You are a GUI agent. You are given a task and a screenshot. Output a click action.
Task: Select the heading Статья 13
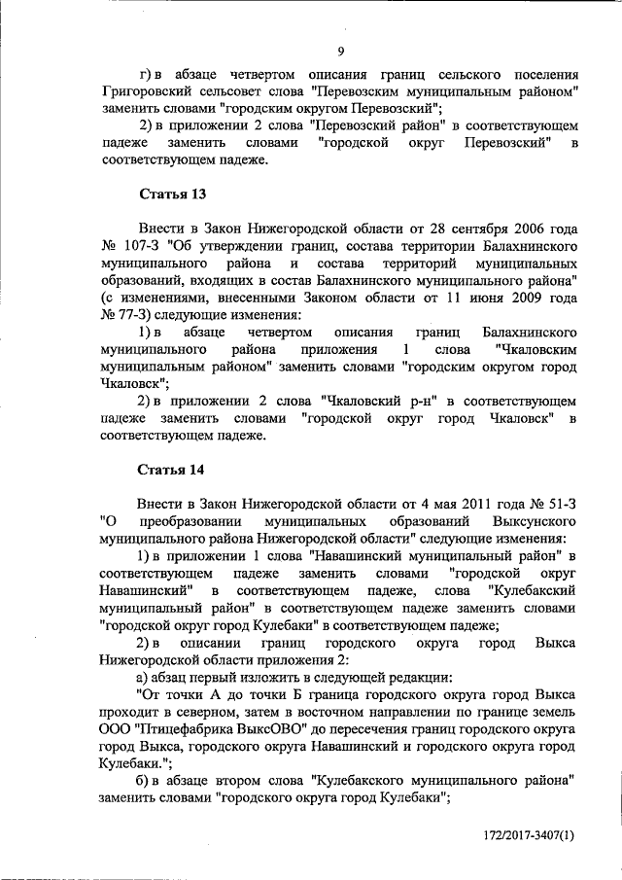[172, 194]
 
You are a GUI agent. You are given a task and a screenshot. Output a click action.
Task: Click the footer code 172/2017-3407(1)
[530, 836]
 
